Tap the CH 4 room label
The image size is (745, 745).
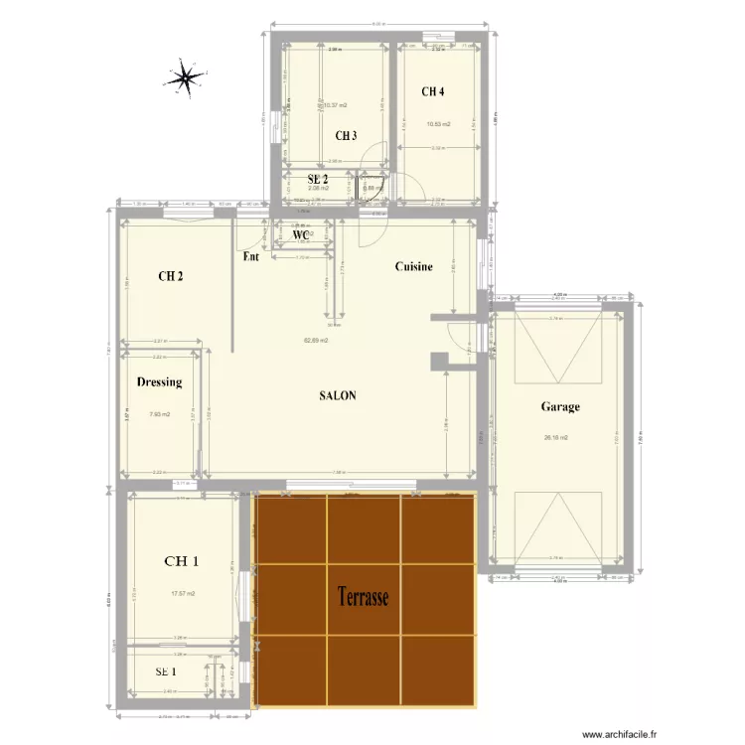coord(433,92)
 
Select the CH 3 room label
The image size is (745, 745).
coord(346,136)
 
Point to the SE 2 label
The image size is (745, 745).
coord(318,179)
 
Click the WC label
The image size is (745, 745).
coord(302,235)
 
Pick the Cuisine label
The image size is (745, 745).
coord(414,266)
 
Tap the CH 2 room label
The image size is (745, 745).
coord(170,276)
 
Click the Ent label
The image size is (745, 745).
coord(251,256)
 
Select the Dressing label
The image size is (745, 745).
coord(159,381)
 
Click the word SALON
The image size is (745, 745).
coord(338,395)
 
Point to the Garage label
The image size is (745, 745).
coord(560,406)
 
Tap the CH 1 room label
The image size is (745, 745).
coord(181,561)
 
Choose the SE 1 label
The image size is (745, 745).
coord(167,672)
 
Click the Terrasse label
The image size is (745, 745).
coord(363,597)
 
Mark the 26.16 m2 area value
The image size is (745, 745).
coord(554,436)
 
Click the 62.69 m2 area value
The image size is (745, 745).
coord(316,340)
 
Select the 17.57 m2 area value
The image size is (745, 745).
coord(183,594)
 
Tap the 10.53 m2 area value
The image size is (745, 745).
coord(438,124)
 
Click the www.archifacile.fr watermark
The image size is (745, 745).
coord(620,735)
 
